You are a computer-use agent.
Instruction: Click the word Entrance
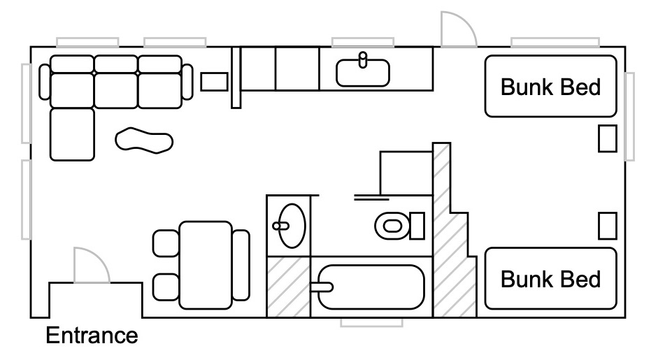click(92, 335)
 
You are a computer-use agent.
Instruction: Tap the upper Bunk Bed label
click(551, 87)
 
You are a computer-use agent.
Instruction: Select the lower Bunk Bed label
click(551, 279)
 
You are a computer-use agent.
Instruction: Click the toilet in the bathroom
click(399, 225)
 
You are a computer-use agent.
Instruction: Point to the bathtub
click(371, 287)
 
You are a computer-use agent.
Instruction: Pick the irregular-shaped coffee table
click(144, 140)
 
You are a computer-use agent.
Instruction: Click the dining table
click(206, 265)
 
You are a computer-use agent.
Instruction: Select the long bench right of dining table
click(241, 265)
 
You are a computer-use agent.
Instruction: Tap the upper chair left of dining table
click(166, 243)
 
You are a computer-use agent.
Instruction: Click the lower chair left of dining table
click(166, 287)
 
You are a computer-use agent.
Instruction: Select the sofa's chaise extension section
click(72, 135)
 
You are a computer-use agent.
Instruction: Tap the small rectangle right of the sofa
click(214, 81)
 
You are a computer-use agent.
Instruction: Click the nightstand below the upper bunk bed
click(608, 138)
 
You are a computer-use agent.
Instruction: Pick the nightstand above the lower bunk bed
click(608, 226)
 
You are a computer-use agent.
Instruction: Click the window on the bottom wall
click(371, 322)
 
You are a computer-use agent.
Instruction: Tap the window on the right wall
click(629, 117)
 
